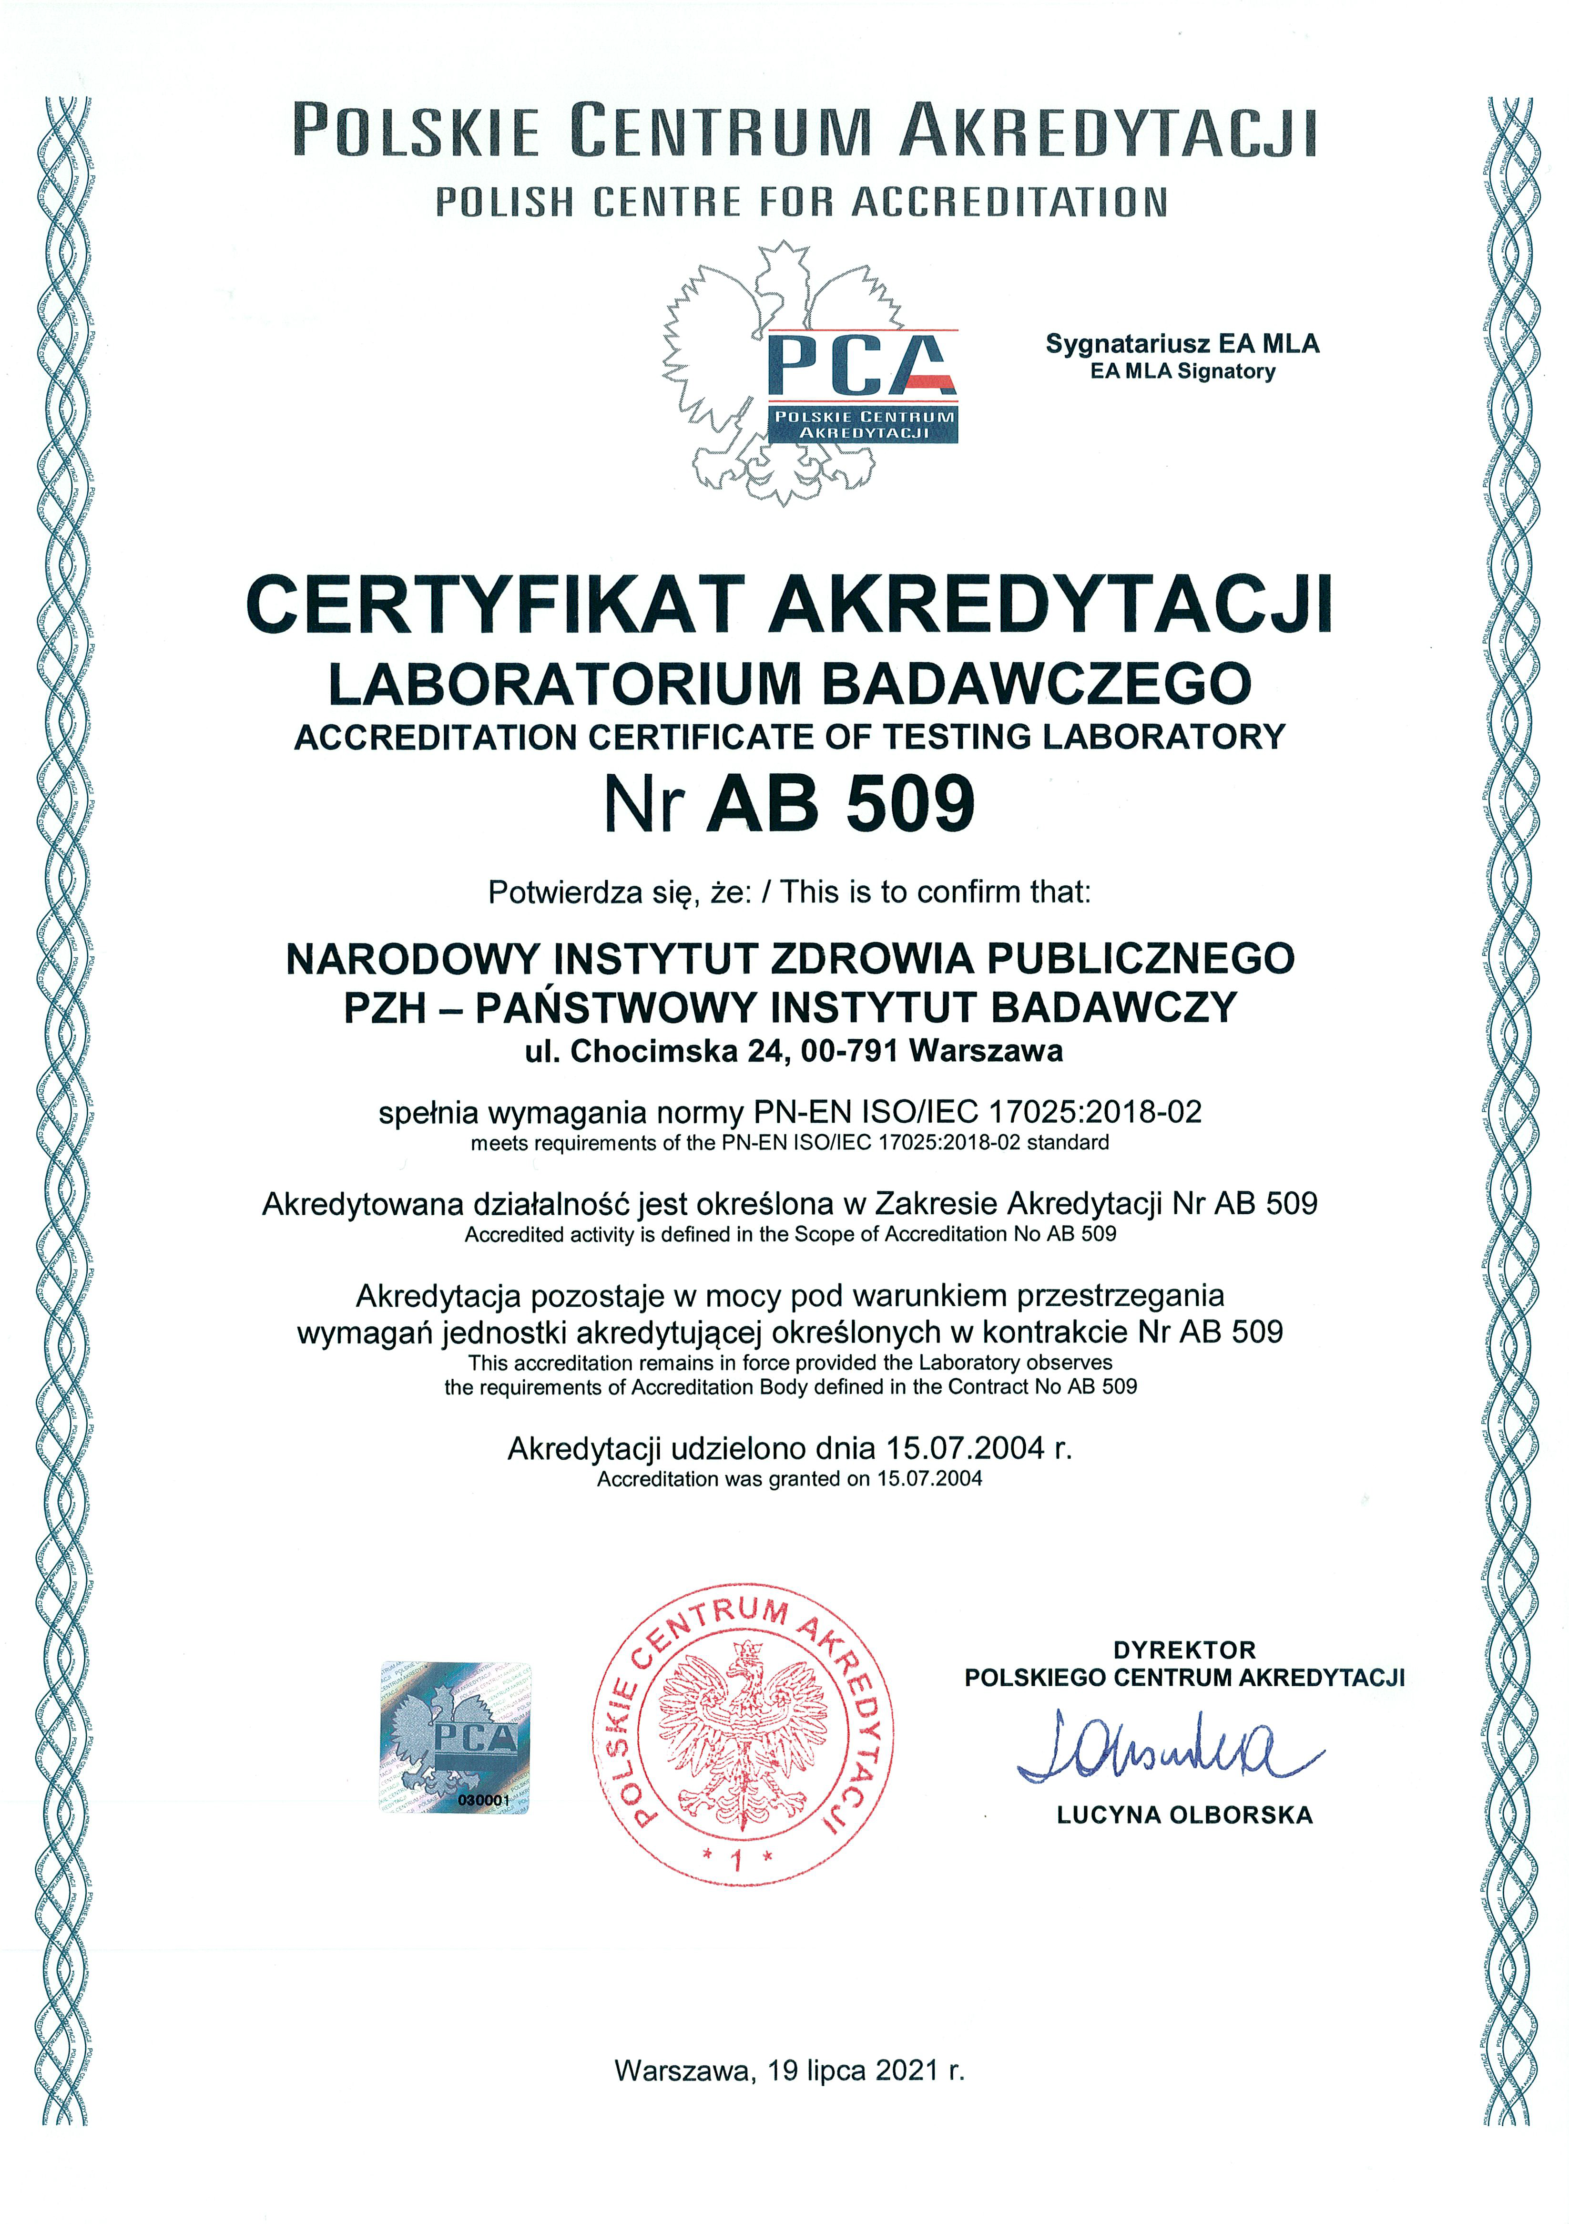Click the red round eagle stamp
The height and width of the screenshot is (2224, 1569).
click(743, 1734)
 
